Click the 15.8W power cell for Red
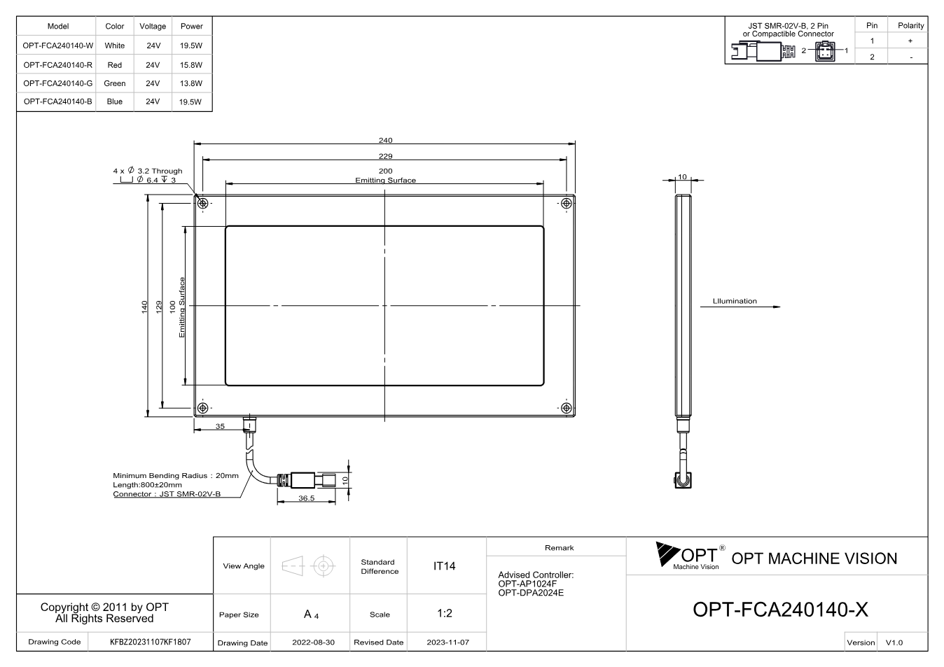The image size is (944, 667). (191, 65)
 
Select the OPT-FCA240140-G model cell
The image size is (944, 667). (57, 83)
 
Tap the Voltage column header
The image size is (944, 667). (153, 26)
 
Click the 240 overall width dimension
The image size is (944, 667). (385, 140)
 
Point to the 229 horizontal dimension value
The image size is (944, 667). (385, 156)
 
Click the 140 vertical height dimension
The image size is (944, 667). (144, 307)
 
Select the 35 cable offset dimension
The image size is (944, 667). (220, 426)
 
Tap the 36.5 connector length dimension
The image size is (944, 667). (306, 498)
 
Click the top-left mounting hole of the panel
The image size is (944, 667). (202, 204)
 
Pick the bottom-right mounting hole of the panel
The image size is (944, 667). (567, 407)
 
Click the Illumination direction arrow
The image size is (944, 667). (740, 307)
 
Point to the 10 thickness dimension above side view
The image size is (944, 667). (682, 177)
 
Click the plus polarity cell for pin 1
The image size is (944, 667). (910, 41)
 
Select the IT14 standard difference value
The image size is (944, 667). (444, 566)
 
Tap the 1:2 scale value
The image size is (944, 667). (444, 613)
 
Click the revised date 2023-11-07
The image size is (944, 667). (447, 643)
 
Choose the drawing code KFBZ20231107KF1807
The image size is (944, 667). (150, 642)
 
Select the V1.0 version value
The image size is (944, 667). (894, 643)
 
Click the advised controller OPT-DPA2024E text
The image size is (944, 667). (531, 593)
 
